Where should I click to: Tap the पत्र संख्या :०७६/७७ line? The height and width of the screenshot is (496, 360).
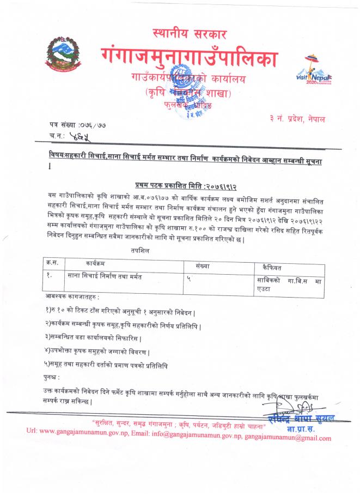(x=76, y=125)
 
